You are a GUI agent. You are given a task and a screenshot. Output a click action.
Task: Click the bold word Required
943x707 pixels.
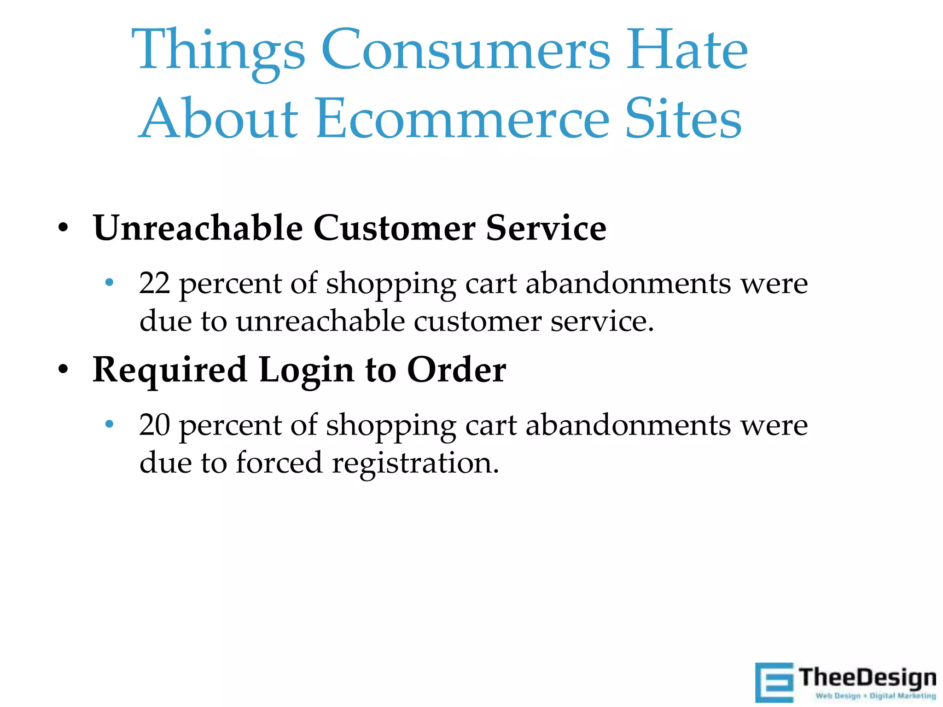coord(170,371)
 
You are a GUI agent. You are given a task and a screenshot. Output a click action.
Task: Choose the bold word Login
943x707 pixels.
coord(306,371)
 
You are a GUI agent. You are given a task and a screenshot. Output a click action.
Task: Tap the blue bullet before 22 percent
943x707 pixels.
coord(109,282)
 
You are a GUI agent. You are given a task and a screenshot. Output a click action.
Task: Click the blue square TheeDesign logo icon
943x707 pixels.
coord(774,682)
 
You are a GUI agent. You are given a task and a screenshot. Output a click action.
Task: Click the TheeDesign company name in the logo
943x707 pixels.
coord(867,678)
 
